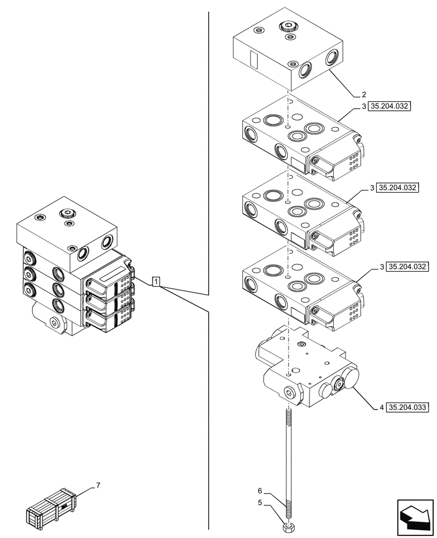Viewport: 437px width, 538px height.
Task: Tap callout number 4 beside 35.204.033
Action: [x=381, y=407]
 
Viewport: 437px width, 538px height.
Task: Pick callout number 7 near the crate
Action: [x=98, y=486]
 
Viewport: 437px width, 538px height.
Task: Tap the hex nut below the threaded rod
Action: [x=290, y=524]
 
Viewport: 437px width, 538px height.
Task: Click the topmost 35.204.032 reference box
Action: [x=390, y=106]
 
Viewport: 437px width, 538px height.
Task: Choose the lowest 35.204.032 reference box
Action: [x=407, y=266]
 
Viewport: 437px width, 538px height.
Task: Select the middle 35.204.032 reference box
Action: [x=398, y=188]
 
